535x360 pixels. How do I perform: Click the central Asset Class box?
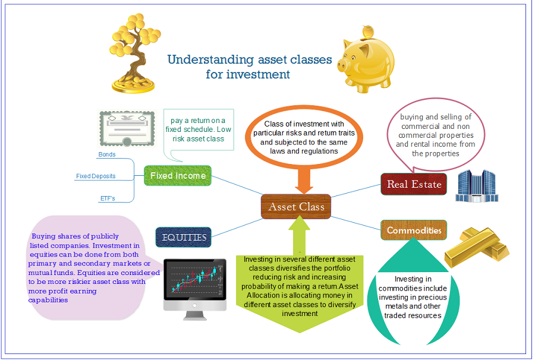296,207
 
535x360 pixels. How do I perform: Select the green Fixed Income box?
178,176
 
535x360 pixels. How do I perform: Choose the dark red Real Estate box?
414,184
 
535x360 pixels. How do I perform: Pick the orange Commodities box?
414,230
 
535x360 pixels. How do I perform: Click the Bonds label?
107,154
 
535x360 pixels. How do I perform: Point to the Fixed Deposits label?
96,176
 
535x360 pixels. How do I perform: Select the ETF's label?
107,198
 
